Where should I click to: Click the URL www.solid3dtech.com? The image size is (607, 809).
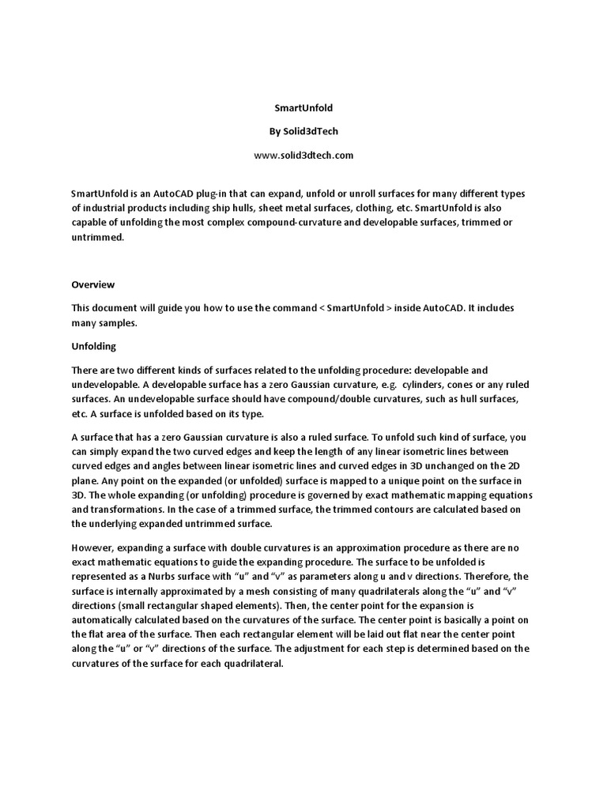pos(303,155)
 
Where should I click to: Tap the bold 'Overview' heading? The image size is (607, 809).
pos(92,284)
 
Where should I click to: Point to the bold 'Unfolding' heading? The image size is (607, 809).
pos(94,346)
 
